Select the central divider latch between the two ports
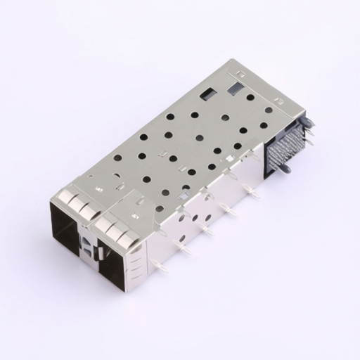point(87,246)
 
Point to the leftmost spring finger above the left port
point(59,195)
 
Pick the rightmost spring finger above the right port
point(129,243)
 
